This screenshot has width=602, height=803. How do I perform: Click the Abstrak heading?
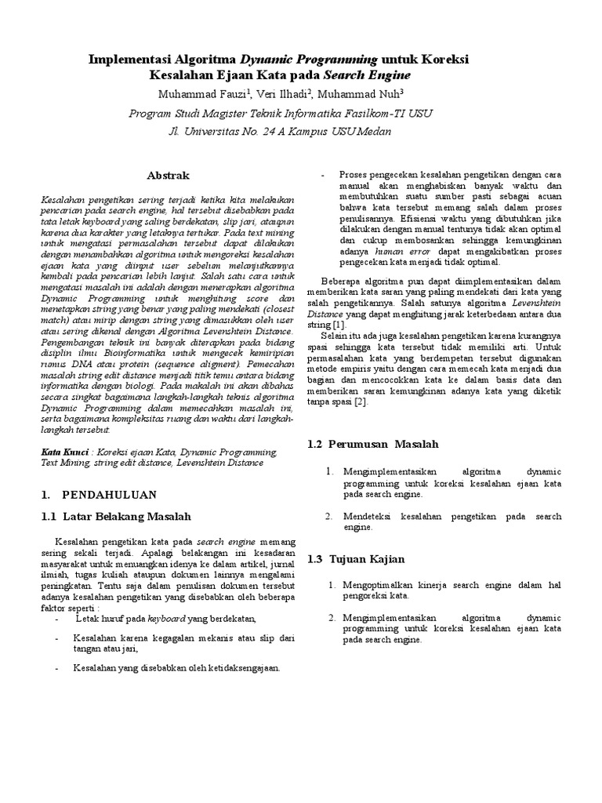pyautogui.click(x=169, y=175)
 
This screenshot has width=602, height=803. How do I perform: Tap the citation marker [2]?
pyautogui.click(x=359, y=402)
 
